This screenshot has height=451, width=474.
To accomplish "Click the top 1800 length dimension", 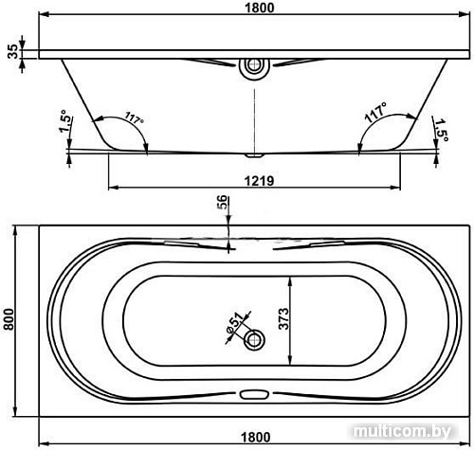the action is (260, 8).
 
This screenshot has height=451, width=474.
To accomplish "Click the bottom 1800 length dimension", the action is (255, 438).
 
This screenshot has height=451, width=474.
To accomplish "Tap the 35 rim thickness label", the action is (12, 51).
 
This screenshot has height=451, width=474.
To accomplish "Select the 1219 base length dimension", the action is (259, 181).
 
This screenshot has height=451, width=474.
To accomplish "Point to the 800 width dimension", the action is (9, 319).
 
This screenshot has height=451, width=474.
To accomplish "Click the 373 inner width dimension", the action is (283, 318).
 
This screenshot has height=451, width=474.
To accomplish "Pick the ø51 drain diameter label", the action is (235, 323).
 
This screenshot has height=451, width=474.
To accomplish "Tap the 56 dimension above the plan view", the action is (222, 202).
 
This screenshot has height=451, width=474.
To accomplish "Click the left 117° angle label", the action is (134, 117).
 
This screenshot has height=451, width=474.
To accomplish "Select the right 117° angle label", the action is (375, 113).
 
